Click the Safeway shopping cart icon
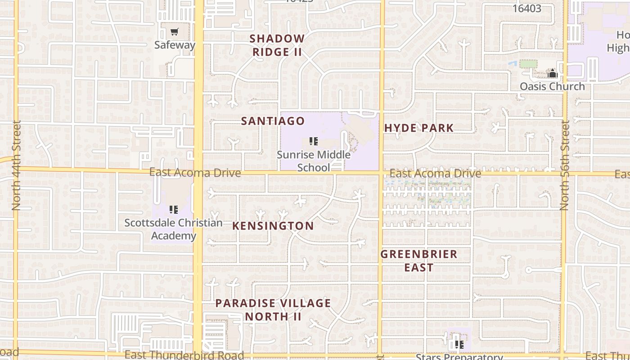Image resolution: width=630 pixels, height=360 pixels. click(174, 32)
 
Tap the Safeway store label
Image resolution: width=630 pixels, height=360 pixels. click(175, 45)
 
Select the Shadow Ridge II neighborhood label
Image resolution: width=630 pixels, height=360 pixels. click(277, 45)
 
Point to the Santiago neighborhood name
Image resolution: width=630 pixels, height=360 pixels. click(273, 121)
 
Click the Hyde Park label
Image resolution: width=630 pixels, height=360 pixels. click(419, 128)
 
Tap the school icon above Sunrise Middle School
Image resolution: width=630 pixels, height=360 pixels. click(314, 142)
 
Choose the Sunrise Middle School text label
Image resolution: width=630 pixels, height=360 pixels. click(314, 161)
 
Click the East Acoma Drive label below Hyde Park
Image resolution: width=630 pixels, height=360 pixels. click(435, 174)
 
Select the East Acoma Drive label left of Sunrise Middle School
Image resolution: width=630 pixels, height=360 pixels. click(195, 173)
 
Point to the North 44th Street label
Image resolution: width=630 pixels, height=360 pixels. click(17, 165)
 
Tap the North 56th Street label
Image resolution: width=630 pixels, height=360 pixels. click(565, 165)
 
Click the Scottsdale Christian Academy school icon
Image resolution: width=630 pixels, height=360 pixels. click(174, 209)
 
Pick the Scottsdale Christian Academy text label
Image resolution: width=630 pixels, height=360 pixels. click(173, 229)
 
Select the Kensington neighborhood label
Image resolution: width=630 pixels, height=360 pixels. click(273, 226)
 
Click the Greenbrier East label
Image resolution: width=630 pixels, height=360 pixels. click(418, 261)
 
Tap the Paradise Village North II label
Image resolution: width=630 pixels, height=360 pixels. click(273, 310)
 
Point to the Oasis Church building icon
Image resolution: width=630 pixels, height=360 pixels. click(553, 73)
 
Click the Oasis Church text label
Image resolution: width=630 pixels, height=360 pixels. click(552, 86)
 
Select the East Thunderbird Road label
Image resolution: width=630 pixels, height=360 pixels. click(184, 355)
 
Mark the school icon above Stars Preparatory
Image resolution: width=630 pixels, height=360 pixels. click(459, 345)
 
